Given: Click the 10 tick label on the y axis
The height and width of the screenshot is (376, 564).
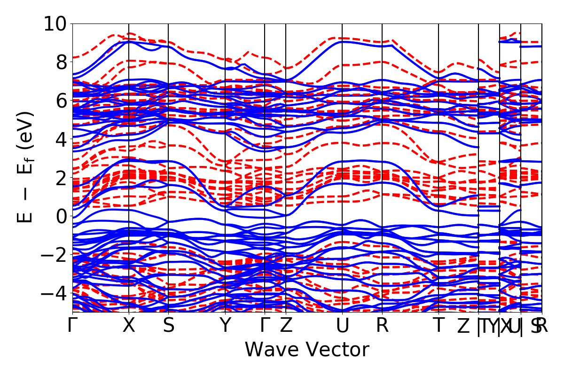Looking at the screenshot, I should click(x=55, y=23).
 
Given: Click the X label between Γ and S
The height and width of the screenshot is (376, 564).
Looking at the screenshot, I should click(x=129, y=326).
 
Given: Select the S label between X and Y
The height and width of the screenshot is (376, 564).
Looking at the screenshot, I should click(x=168, y=326).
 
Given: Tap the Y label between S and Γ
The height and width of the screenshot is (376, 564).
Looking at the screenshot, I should click(x=226, y=326).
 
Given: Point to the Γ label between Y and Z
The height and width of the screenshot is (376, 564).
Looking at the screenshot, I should click(x=265, y=326).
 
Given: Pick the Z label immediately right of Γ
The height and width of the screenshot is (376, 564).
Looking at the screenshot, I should click(x=286, y=326).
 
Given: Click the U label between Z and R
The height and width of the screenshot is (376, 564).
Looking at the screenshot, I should click(x=342, y=326).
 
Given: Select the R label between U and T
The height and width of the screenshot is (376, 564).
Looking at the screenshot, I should click(x=382, y=326).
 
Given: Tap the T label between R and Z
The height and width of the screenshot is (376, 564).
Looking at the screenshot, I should click(x=439, y=326).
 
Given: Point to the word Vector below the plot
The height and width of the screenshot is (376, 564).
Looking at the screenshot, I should click(x=336, y=350).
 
